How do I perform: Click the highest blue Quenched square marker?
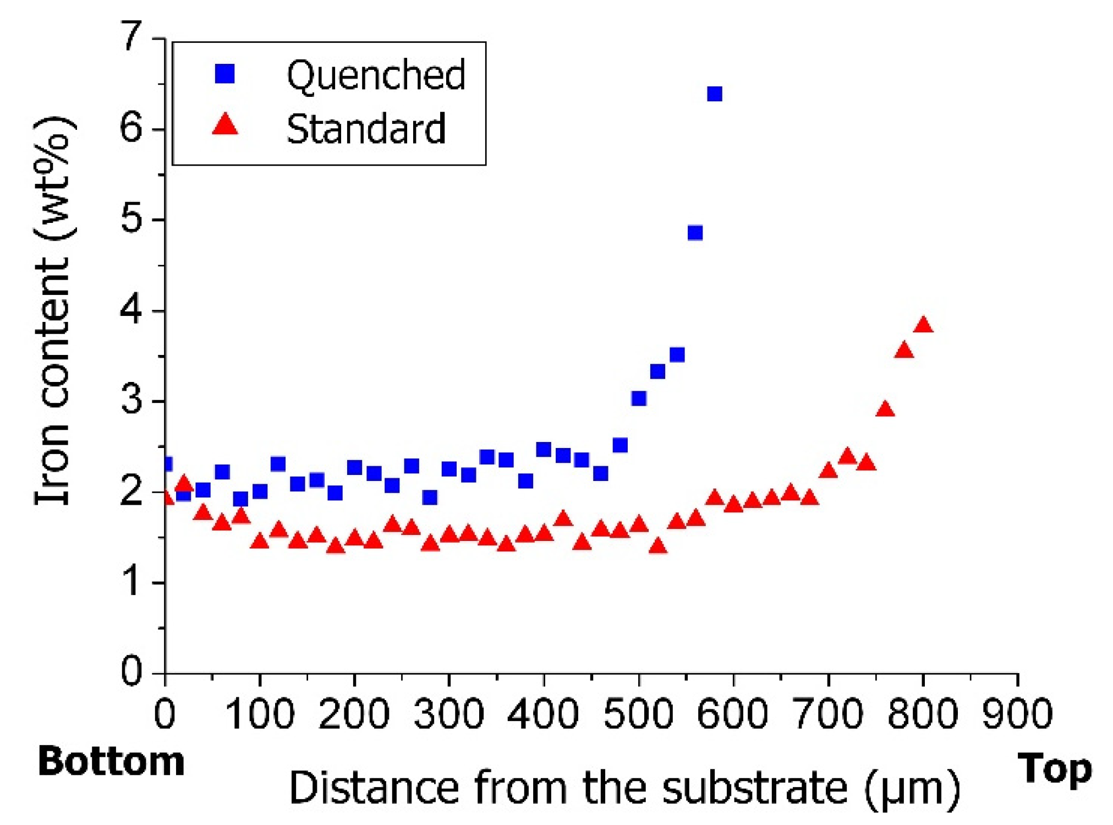(714, 94)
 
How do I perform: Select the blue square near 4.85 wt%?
(695, 233)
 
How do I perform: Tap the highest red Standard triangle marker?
(923, 325)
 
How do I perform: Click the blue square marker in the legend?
(224, 73)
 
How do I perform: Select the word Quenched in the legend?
(376, 75)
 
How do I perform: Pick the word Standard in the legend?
(366, 129)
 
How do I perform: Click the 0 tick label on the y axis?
(132, 671)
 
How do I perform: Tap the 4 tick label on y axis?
(132, 310)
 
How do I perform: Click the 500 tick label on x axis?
(638, 714)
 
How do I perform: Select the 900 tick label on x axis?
(1017, 714)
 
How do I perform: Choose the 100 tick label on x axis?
(260, 714)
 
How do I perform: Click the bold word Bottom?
(111, 762)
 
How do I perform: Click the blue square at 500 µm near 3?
(638, 398)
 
